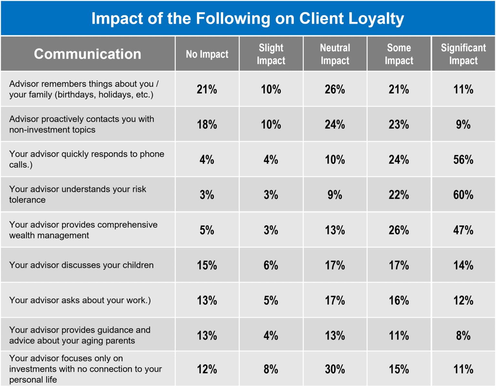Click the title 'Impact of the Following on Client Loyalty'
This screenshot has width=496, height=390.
click(248, 18)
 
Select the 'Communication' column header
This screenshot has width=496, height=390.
click(88, 54)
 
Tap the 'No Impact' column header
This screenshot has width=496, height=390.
click(207, 54)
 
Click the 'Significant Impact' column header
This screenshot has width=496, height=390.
click(463, 54)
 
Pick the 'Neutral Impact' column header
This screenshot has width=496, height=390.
click(335, 54)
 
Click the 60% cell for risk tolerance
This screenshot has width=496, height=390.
click(463, 195)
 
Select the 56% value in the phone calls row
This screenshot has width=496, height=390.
click(463, 160)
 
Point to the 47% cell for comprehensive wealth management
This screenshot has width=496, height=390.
click(463, 230)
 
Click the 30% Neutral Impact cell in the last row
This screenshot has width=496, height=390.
click(335, 369)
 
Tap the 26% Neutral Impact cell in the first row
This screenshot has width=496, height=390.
click(335, 89)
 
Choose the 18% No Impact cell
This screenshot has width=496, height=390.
click(207, 124)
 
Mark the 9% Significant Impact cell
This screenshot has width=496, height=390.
click(463, 124)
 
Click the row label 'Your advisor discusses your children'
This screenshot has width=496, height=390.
click(81, 265)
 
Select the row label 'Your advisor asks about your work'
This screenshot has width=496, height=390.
click(80, 300)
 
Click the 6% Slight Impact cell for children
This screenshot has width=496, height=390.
click(271, 265)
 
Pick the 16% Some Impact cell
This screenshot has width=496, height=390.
click(399, 300)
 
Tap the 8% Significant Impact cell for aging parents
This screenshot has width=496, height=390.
click(463, 336)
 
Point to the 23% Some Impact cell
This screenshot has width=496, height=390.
click(399, 124)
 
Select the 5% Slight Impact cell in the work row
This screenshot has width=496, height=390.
click(271, 300)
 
